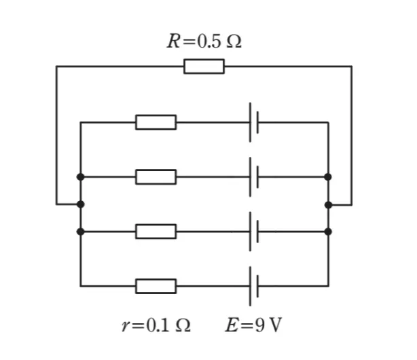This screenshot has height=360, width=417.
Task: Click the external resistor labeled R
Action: coord(204,67)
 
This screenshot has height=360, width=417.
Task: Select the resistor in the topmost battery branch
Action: coord(156,122)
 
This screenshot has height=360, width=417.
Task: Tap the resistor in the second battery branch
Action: coord(156,177)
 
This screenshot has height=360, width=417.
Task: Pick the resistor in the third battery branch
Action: coord(156,232)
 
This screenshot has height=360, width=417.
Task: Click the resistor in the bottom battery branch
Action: coord(156,286)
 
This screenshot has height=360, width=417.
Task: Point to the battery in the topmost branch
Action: coord(254,122)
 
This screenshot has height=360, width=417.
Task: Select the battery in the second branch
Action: coord(254,177)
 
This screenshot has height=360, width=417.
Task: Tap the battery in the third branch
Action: coord(254,232)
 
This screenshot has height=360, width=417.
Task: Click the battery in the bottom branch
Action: coord(254,286)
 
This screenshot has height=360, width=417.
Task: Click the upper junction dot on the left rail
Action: coord(80,177)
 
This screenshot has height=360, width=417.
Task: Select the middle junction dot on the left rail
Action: coord(80,204)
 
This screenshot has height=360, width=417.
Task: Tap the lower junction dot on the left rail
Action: coord(80,232)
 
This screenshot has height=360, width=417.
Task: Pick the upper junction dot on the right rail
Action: coord(328,177)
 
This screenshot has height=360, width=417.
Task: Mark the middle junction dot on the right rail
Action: coord(329,205)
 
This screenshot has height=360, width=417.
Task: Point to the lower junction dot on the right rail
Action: coord(328,232)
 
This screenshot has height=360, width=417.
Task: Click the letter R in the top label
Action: coord(173,41)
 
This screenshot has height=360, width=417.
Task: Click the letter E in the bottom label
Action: coord(232,325)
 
